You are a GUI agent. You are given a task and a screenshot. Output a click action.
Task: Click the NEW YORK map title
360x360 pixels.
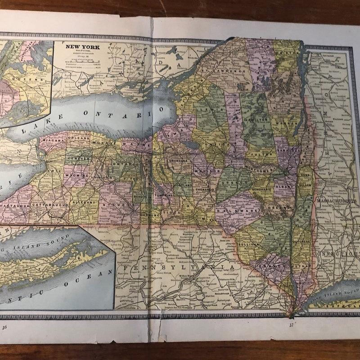coord(83,46)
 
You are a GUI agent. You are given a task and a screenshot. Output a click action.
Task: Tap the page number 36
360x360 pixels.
coord(5,327)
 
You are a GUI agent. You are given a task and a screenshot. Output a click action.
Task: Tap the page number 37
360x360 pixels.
coord(291,324)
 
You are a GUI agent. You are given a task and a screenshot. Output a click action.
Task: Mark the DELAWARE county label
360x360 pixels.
coord(232,210)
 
